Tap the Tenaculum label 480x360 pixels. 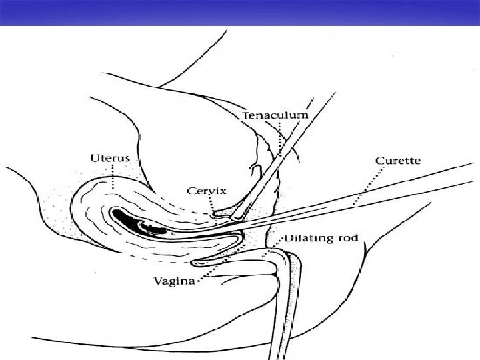[275, 115]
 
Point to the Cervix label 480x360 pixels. [207, 191]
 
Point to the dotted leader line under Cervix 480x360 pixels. [212, 204]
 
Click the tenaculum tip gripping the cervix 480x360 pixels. [215, 215]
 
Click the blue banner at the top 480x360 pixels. [240, 12]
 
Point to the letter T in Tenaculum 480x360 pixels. [245, 115]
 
